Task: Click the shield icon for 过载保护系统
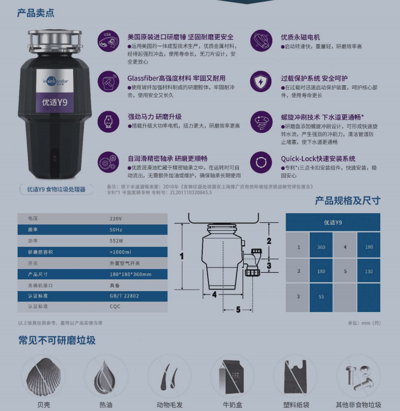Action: point(261,82)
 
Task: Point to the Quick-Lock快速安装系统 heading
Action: point(318,159)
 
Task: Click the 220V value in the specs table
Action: point(116,218)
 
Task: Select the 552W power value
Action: point(116,241)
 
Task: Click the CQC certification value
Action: point(115,307)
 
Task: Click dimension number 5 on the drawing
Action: point(239,309)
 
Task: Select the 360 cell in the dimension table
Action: point(321,247)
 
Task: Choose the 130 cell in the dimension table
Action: point(369,271)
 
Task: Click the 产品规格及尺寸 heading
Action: point(347,200)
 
